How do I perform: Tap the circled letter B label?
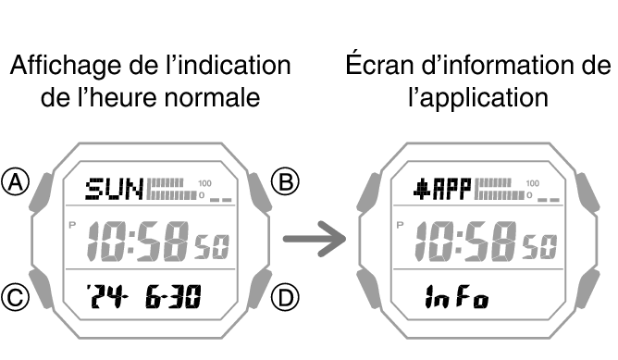[x=288, y=181]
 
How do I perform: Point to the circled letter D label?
[x=288, y=297]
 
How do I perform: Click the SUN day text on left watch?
[x=114, y=191]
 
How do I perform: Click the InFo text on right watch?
[x=458, y=298]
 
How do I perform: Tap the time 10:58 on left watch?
[x=138, y=242]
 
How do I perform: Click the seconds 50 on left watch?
[x=211, y=247]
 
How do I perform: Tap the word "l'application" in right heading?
[x=478, y=96]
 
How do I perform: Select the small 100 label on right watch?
[x=532, y=183]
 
